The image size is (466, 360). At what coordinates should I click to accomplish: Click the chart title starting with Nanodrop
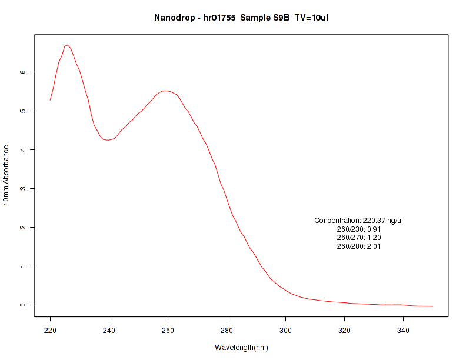241,17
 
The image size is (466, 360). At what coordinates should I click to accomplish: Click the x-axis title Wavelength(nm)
241,348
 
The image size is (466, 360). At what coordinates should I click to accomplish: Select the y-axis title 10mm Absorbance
6,175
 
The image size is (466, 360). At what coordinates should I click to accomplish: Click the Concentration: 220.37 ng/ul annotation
359,221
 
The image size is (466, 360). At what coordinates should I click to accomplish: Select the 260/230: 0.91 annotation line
359,229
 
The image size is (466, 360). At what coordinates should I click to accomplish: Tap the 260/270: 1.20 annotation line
359,238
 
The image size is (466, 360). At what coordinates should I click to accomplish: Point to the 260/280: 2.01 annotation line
359,246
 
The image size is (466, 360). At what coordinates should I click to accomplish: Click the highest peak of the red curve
68,45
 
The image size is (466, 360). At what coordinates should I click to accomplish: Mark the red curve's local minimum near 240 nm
108,140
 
